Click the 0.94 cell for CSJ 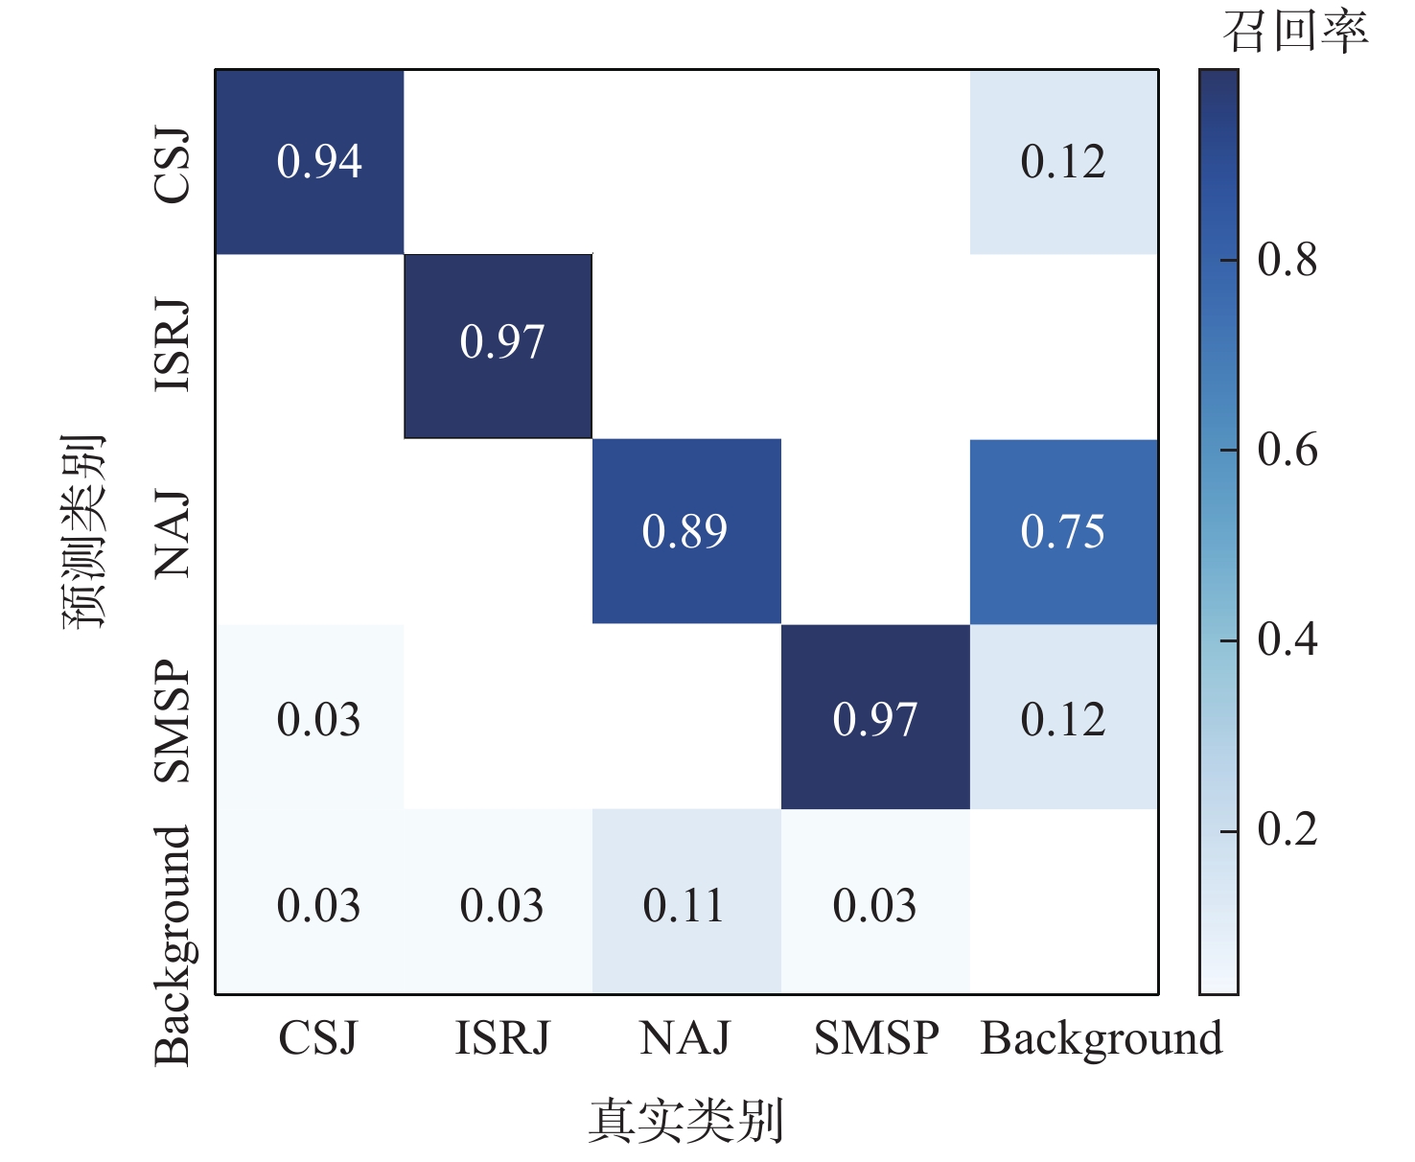pyautogui.click(x=319, y=161)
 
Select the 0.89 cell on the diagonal pyautogui.click(x=684, y=531)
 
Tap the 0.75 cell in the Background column pyautogui.click(x=1063, y=531)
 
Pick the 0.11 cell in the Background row pyautogui.click(x=684, y=905)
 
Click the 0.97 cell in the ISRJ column pyautogui.click(x=501, y=342)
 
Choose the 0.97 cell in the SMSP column pyautogui.click(x=874, y=719)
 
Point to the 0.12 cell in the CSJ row pyautogui.click(x=1063, y=161)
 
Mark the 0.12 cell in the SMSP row pyautogui.click(x=1063, y=719)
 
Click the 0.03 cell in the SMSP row pyautogui.click(x=319, y=719)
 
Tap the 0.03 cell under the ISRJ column pyautogui.click(x=501, y=905)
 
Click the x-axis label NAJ pyautogui.click(x=684, y=1038)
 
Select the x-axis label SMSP pyautogui.click(x=876, y=1038)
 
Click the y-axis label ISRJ pyautogui.click(x=174, y=345)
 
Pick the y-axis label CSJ pyautogui.click(x=174, y=165)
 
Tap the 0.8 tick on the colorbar pyautogui.click(x=1287, y=260)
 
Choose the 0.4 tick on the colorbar pyautogui.click(x=1287, y=639)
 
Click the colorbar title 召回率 pyautogui.click(x=1295, y=32)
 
